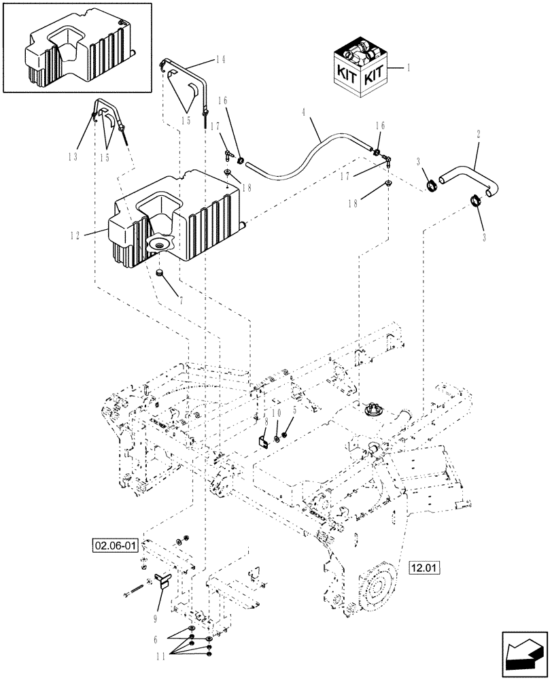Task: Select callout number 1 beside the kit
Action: click(x=408, y=68)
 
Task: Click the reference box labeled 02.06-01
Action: click(x=115, y=545)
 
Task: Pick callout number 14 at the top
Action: click(x=220, y=60)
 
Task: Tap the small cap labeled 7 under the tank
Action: click(x=160, y=273)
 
